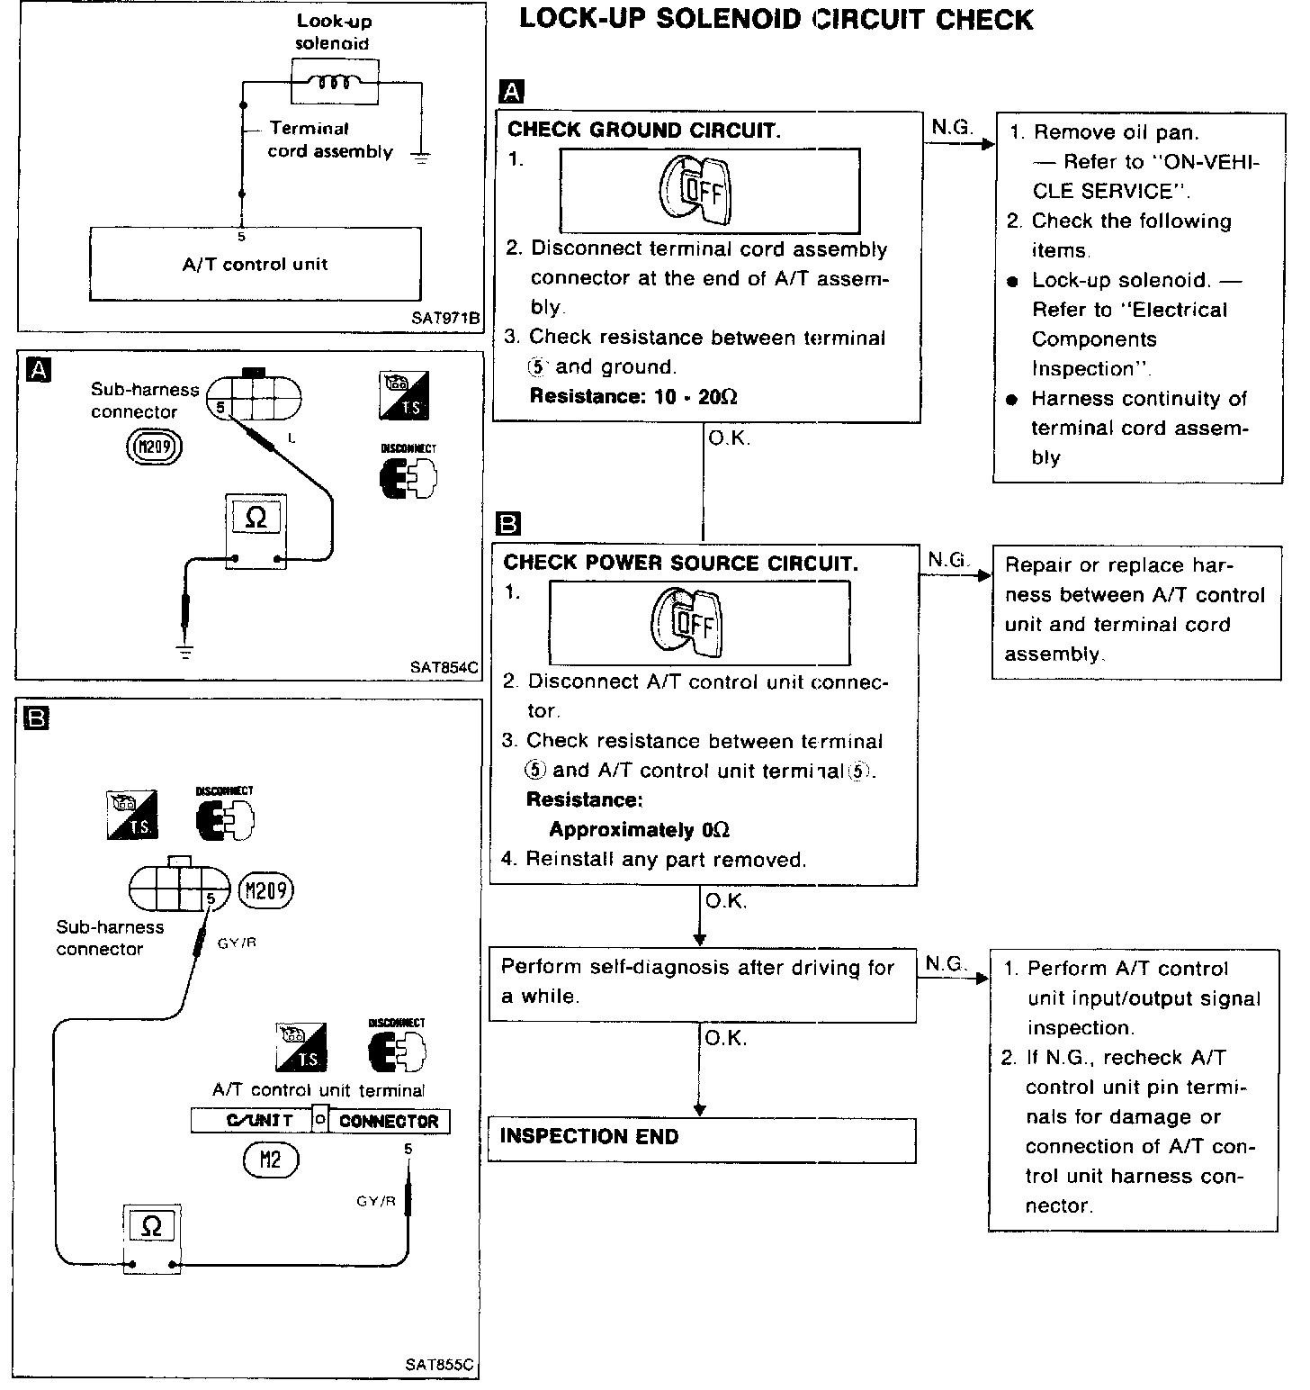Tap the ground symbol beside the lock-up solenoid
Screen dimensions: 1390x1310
click(420, 157)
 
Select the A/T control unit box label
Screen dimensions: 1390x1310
click(256, 264)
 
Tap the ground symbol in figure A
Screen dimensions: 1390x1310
click(184, 651)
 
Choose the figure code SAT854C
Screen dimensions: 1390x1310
click(444, 667)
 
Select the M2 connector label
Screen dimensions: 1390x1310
click(270, 1159)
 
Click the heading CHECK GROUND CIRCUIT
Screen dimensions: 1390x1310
click(644, 130)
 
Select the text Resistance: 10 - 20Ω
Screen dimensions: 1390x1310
click(633, 396)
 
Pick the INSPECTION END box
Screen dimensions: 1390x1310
click(701, 1139)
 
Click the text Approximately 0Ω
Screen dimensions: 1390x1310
click(639, 829)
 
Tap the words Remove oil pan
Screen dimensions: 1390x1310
click(1116, 132)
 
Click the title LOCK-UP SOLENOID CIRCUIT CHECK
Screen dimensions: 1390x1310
click(776, 20)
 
